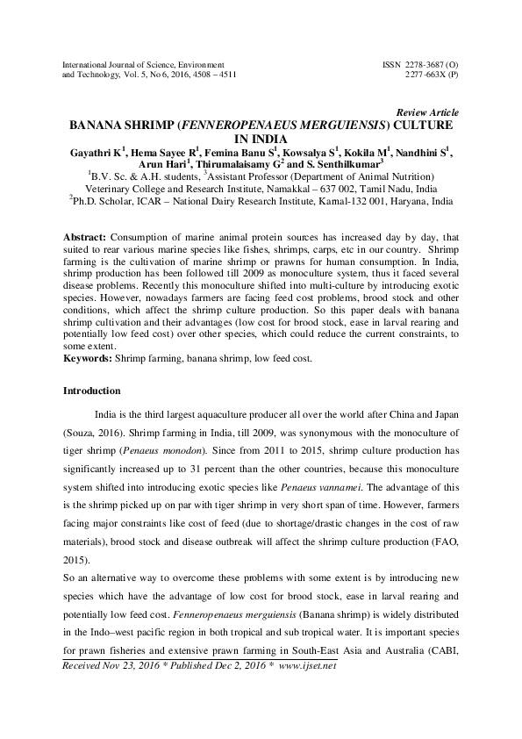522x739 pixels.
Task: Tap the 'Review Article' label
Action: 427,112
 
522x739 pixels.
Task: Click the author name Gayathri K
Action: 98,151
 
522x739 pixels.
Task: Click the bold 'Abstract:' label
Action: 87,238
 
